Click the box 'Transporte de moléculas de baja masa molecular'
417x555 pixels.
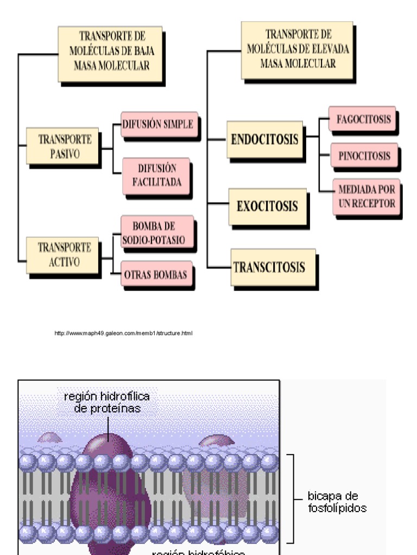click(110, 54)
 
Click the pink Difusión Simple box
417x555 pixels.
click(158, 124)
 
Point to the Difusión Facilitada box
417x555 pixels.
click(156, 175)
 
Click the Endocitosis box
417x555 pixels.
click(264, 139)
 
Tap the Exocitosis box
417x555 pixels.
click(267, 206)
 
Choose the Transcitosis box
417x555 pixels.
click(273, 267)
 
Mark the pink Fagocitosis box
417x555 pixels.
click(362, 120)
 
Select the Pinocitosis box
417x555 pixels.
click(364, 156)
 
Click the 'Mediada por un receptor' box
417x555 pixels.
click(367, 197)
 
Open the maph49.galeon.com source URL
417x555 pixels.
click(124, 333)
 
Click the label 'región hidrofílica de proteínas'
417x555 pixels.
click(107, 403)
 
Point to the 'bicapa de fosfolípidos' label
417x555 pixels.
click(337, 502)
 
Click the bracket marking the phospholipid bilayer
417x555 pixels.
click(292, 498)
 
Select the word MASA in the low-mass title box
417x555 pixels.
click(89, 66)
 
